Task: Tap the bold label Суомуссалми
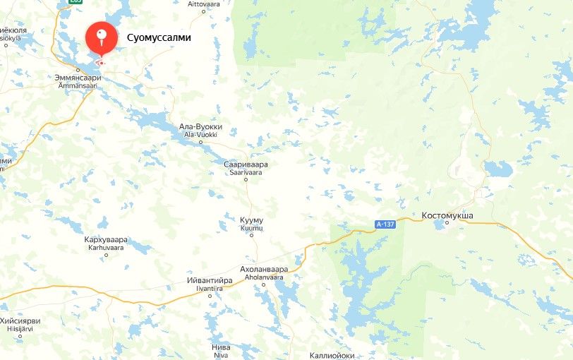[159, 37]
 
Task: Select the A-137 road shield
[385, 224]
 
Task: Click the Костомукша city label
[447, 215]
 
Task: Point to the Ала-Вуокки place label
[200, 127]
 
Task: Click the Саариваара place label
[246, 164]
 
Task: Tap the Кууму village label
[251, 221]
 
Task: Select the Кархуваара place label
[105, 240]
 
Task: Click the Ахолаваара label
[264, 270]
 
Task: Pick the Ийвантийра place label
[210, 280]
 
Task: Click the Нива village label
[221, 347]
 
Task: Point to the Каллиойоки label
[332, 355]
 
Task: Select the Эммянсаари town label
[78, 78]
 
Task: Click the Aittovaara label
[205, 4]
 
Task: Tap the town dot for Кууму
[251, 235]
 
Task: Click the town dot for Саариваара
[246, 179]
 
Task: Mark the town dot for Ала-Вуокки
[200, 141]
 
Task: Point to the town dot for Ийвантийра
[210, 295]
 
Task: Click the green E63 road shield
[76, 2]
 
